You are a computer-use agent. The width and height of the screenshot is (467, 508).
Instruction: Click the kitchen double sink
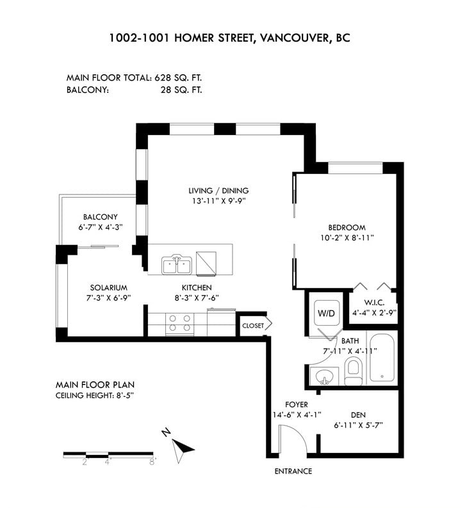point(177,264)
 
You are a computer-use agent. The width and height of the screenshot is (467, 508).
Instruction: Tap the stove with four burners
point(179,324)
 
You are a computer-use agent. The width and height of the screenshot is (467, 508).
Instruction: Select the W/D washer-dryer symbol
point(327,313)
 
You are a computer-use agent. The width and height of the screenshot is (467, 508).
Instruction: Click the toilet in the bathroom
point(353,371)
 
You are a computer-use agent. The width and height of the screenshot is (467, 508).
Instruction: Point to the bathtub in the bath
point(382,358)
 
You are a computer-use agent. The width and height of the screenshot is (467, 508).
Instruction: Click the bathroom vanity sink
point(325,377)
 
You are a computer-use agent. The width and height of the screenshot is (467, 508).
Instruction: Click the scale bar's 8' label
point(152,463)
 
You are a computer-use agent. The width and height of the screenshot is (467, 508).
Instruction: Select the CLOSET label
point(253,326)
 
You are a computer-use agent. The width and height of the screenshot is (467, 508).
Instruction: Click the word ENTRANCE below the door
point(293,472)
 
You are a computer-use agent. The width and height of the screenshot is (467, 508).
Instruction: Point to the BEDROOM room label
point(347,227)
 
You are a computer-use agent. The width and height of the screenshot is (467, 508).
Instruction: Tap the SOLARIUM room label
point(109,288)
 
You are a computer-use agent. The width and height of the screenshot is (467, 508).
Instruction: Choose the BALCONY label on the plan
point(100,217)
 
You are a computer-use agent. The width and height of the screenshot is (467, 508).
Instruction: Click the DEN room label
point(358,415)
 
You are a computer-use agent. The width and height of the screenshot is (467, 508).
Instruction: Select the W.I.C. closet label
point(374,303)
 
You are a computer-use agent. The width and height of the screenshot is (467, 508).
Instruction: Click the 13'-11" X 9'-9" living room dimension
point(218,201)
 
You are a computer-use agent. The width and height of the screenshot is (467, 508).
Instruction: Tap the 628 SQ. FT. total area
point(178,78)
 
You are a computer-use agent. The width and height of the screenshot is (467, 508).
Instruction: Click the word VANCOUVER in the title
point(294,38)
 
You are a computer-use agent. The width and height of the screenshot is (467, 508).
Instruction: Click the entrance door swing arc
point(297,435)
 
